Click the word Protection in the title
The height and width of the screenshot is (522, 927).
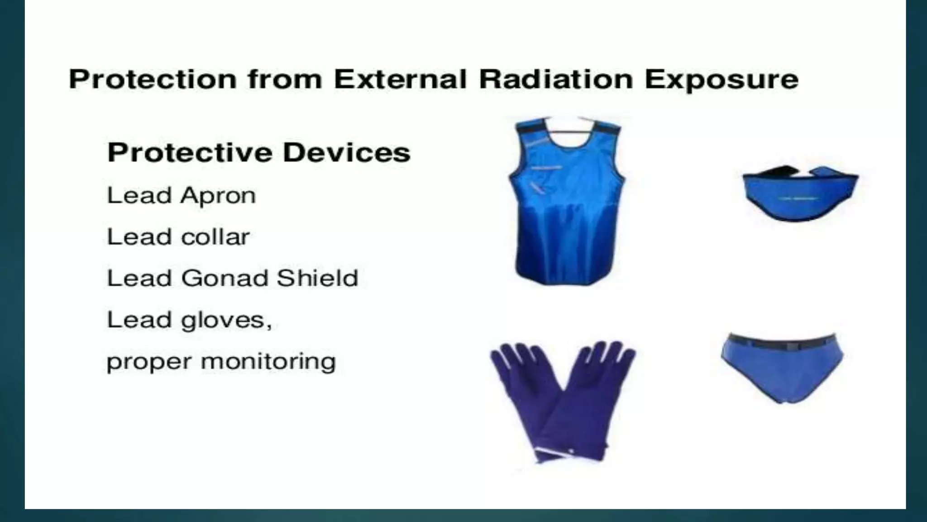click(x=153, y=79)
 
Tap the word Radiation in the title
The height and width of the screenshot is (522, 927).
click(x=556, y=79)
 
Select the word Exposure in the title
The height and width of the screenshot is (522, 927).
click(x=721, y=80)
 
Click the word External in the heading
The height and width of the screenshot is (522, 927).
click(x=400, y=79)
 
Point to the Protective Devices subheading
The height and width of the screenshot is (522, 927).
click(x=258, y=152)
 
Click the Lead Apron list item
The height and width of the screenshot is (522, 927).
click(x=181, y=196)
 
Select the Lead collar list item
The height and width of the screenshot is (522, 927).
click(x=178, y=237)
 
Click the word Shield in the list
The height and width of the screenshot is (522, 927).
click(x=317, y=278)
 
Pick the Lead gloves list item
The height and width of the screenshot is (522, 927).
click(x=189, y=320)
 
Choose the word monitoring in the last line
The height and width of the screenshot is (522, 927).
click(x=268, y=362)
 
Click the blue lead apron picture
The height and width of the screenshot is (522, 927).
click(x=567, y=217)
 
